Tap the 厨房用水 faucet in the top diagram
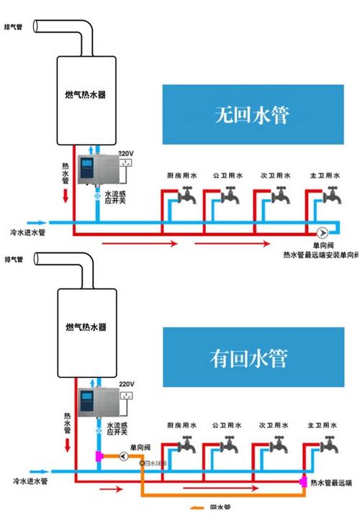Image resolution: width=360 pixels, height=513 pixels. click(x=188, y=194)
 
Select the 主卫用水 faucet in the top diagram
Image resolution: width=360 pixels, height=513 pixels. click(x=331, y=194)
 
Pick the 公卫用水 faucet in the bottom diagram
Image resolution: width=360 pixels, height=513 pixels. click(x=230, y=444)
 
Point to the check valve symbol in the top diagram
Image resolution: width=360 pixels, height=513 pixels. click(x=321, y=232)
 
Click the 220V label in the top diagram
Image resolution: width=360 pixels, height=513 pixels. click(x=126, y=153)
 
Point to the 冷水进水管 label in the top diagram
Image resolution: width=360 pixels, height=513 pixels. click(x=29, y=232)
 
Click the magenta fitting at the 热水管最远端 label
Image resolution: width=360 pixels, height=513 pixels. click(x=304, y=481)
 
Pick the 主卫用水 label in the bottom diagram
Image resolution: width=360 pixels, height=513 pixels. click(x=320, y=425)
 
